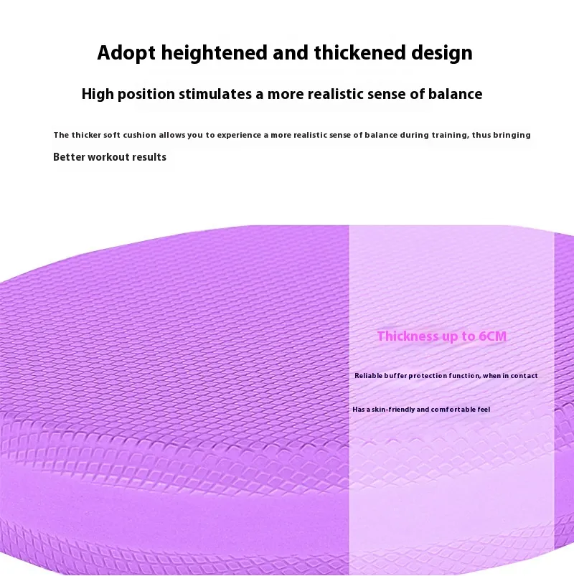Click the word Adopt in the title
126,53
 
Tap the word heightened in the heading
215,53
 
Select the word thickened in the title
359,52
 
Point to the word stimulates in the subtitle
215,94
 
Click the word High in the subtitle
98,95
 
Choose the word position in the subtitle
146,95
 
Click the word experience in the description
239,135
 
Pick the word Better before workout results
69,157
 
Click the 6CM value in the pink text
493,336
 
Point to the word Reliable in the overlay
368,375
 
